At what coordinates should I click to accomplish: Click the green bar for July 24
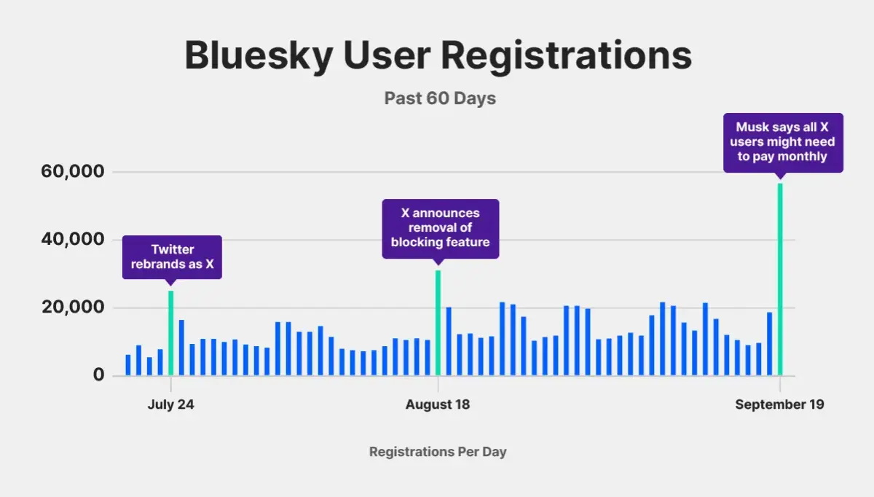coord(171,333)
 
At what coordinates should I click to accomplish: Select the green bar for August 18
coord(438,323)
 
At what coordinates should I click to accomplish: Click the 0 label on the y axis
coord(98,375)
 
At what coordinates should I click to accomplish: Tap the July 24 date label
coord(170,404)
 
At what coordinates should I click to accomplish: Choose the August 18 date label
coord(438,404)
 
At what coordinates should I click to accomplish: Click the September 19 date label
coord(779,404)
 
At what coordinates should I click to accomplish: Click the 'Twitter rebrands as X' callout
coord(172,257)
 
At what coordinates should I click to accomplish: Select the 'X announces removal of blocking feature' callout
coord(440,227)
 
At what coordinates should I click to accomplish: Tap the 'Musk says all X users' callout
coord(783,142)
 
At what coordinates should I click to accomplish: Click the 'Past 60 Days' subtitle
coord(440,98)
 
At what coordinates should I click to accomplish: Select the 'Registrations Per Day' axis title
coord(437,452)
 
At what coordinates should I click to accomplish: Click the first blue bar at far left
coord(128,365)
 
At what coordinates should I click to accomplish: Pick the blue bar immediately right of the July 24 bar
coord(181,348)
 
